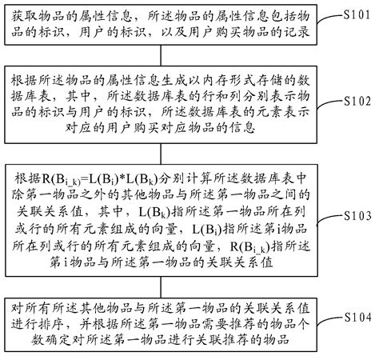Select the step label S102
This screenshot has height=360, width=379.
(x=358, y=102)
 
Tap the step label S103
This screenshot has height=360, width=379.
(x=358, y=216)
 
